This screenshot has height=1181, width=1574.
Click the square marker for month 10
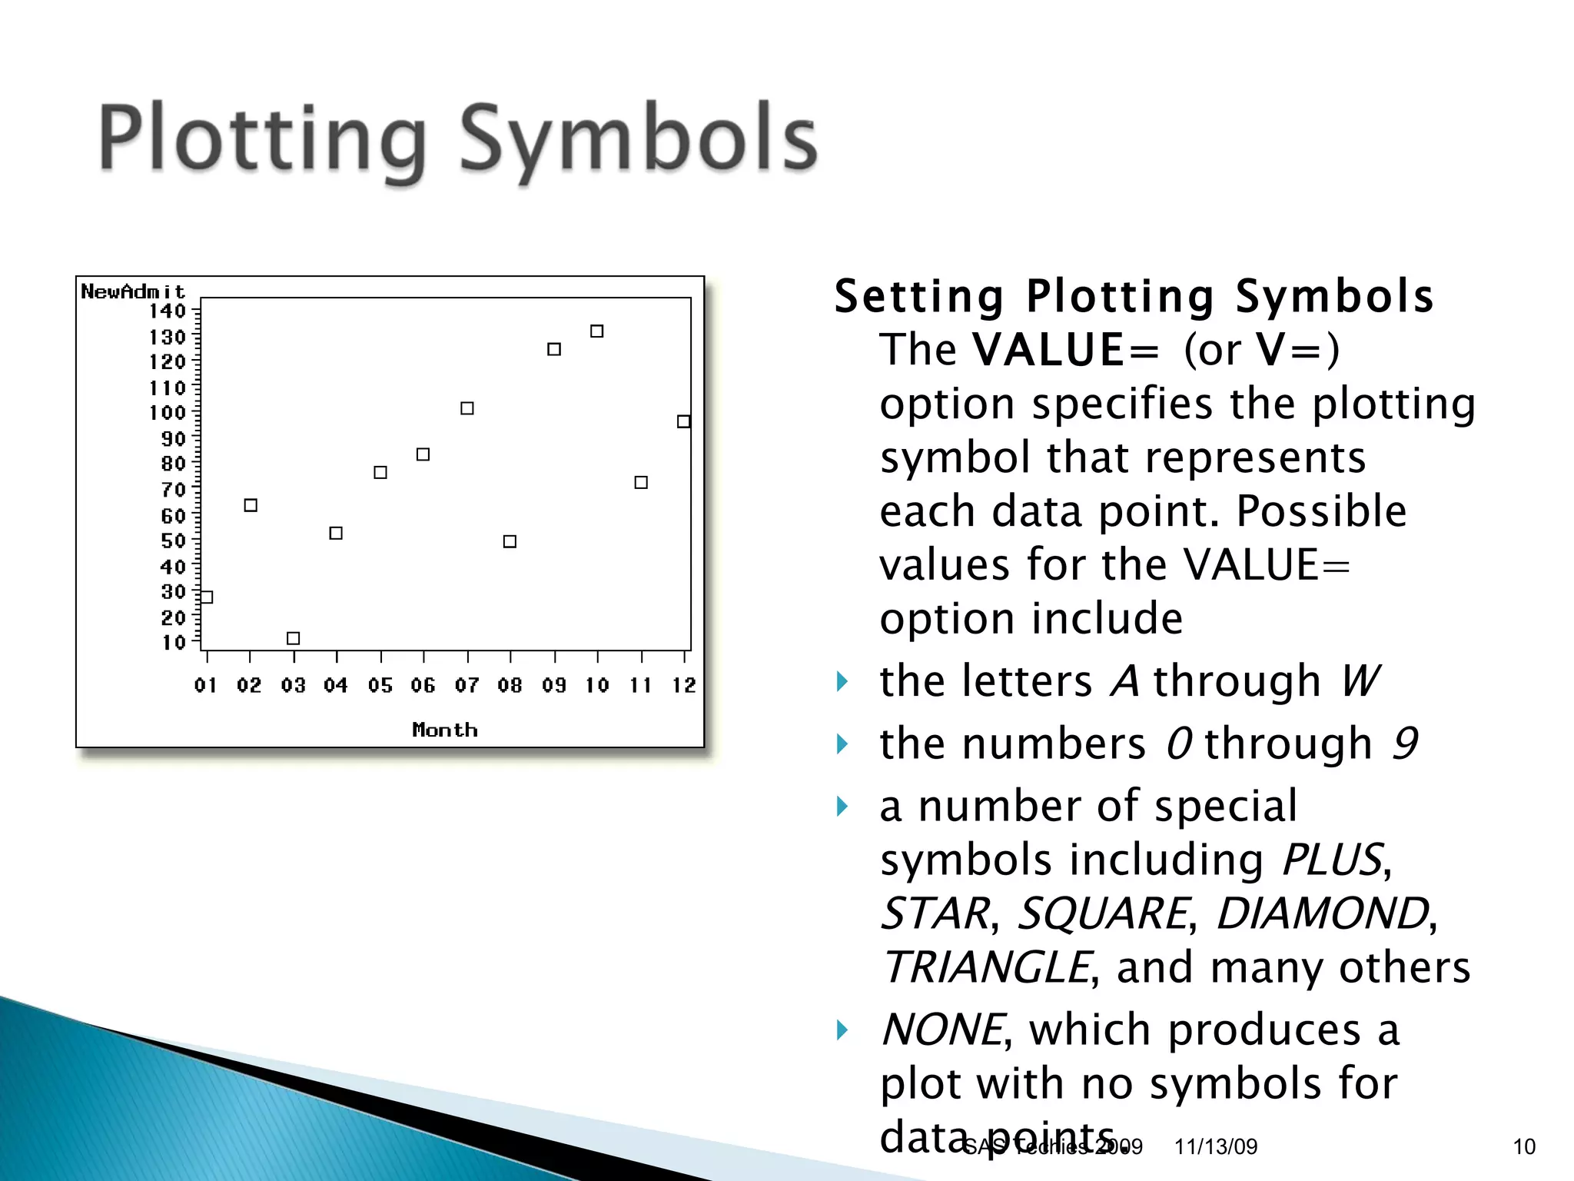pos(596,331)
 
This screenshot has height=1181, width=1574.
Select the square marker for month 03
pos(293,638)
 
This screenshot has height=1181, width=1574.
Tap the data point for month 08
pos(510,541)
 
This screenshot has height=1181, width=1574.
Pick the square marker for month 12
pos(683,421)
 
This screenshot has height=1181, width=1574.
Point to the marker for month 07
pos(467,408)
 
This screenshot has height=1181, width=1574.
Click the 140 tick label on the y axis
pos(168,311)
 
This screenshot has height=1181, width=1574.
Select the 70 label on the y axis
pos(173,490)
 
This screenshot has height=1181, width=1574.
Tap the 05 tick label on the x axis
pos(380,685)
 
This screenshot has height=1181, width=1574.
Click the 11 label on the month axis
pos(641,685)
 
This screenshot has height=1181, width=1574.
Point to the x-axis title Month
pos(445,730)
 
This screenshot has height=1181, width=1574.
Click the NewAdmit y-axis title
pos(133,292)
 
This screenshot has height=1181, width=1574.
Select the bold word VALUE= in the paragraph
pos(1064,350)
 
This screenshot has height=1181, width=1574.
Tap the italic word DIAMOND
pos(1323,913)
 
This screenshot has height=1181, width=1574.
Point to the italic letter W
pos(1360,681)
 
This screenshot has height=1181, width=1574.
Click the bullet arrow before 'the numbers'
pos(843,744)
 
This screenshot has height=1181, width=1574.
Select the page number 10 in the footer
pos(1524,1146)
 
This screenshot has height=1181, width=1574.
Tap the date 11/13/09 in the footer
pos(1215,1146)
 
